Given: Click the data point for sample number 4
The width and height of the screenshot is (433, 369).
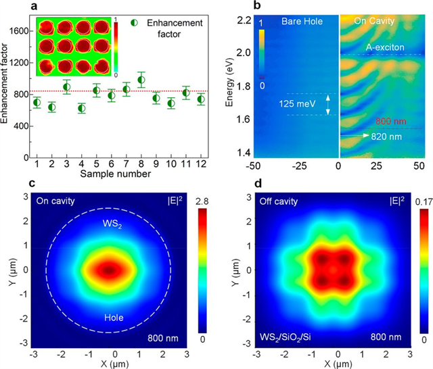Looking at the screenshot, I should pyautogui.click(x=82, y=107).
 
